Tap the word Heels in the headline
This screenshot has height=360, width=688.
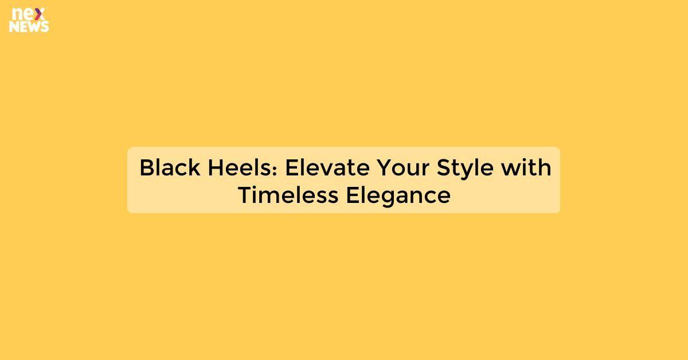[x=244, y=168]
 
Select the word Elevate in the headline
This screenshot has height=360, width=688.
[x=327, y=168]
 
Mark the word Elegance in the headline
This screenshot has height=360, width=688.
[x=398, y=195]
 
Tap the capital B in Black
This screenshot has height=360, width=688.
[x=146, y=168]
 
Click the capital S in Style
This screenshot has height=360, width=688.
[x=443, y=168]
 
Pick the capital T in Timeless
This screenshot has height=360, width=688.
[x=245, y=195]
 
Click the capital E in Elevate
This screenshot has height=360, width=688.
[x=291, y=168]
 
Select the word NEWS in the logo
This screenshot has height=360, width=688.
[x=29, y=26]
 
